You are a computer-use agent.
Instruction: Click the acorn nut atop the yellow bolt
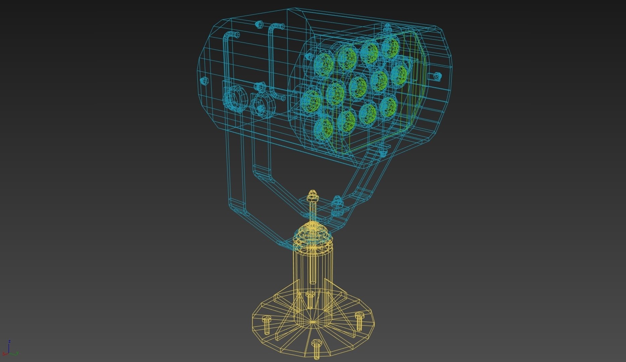312,194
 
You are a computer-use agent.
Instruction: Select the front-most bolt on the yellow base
316,349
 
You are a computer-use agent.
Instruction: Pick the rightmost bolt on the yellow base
359,321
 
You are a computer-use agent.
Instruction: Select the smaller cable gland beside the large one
263,105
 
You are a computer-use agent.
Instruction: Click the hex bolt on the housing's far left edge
204,80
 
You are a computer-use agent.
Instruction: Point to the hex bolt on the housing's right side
437,76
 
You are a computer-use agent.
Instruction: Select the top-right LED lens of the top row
391,47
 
